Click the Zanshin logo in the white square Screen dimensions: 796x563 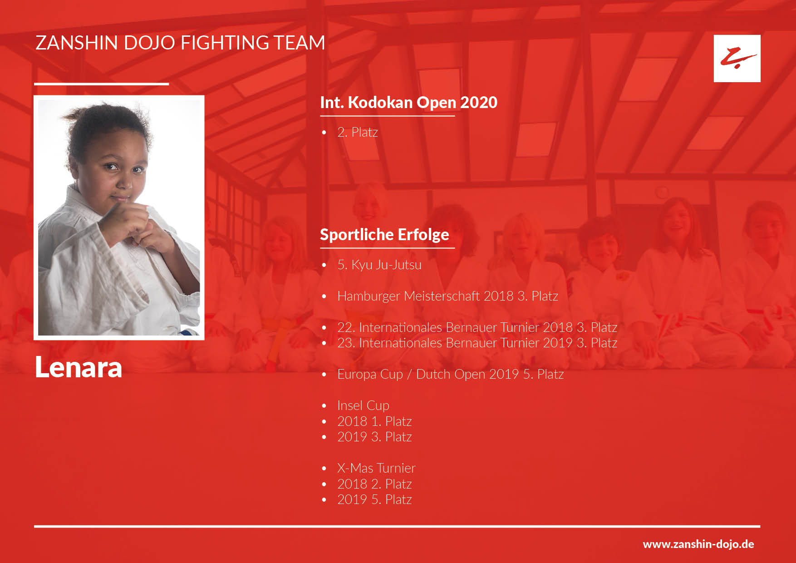737,59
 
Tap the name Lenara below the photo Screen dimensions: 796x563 79,367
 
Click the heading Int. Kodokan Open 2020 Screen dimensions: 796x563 408,103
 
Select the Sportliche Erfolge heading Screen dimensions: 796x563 384,235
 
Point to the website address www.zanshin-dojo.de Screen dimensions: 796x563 698,544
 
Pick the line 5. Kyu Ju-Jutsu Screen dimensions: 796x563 379,265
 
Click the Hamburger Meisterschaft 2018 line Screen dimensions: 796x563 447,296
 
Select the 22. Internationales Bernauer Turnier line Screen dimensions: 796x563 477,327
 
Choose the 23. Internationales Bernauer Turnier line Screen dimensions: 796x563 477,343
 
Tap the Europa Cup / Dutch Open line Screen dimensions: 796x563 451,374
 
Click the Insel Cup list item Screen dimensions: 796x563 363,405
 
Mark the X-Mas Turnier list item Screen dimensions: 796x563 376,468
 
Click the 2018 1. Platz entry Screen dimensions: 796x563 374,421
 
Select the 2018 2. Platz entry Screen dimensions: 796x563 374,484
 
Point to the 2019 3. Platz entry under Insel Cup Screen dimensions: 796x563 374,437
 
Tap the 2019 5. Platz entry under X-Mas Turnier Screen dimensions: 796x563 374,499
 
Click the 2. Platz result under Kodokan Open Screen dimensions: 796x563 358,132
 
